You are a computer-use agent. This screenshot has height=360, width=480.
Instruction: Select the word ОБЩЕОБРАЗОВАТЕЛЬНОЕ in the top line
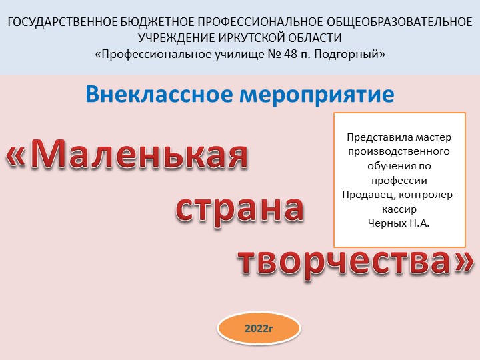click(398, 23)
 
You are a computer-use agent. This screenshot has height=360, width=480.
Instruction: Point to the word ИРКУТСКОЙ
click(255, 38)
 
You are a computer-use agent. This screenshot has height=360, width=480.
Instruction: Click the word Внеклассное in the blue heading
click(153, 94)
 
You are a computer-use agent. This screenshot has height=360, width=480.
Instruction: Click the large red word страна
click(240, 209)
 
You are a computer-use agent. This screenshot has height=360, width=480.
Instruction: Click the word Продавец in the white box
click(364, 194)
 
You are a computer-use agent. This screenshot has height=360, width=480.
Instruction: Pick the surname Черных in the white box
click(387, 222)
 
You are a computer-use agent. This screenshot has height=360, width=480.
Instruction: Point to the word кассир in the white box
click(399, 208)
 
